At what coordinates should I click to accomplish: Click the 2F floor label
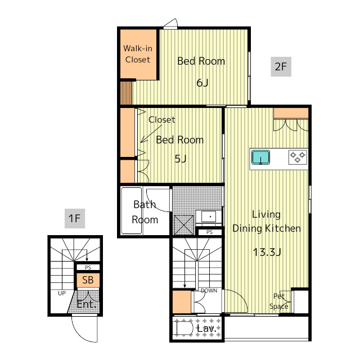tap(281, 66)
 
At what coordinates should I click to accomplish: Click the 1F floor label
tap(75, 218)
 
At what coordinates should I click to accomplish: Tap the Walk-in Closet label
tap(138, 54)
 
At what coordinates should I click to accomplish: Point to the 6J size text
tap(202, 83)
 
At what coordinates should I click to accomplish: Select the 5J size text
tap(181, 159)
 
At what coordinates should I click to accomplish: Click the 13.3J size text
tap(267, 252)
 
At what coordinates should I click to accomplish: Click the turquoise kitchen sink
tap(260, 157)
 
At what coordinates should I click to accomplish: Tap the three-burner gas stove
tap(298, 157)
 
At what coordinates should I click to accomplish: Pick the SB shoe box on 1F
tap(88, 280)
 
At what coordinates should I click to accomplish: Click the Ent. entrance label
tap(86, 304)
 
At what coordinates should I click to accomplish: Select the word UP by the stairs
tap(62, 293)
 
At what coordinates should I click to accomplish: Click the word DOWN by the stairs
tap(209, 291)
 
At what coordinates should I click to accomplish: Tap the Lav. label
tap(206, 328)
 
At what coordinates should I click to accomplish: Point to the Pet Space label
tap(279, 301)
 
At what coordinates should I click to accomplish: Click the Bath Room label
tap(145, 212)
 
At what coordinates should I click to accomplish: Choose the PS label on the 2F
tap(209, 232)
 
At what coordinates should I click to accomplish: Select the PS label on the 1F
tap(88, 268)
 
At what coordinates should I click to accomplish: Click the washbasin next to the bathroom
tap(209, 217)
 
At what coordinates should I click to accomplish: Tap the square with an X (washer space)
tap(184, 225)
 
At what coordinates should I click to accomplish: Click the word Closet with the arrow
tap(161, 120)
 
